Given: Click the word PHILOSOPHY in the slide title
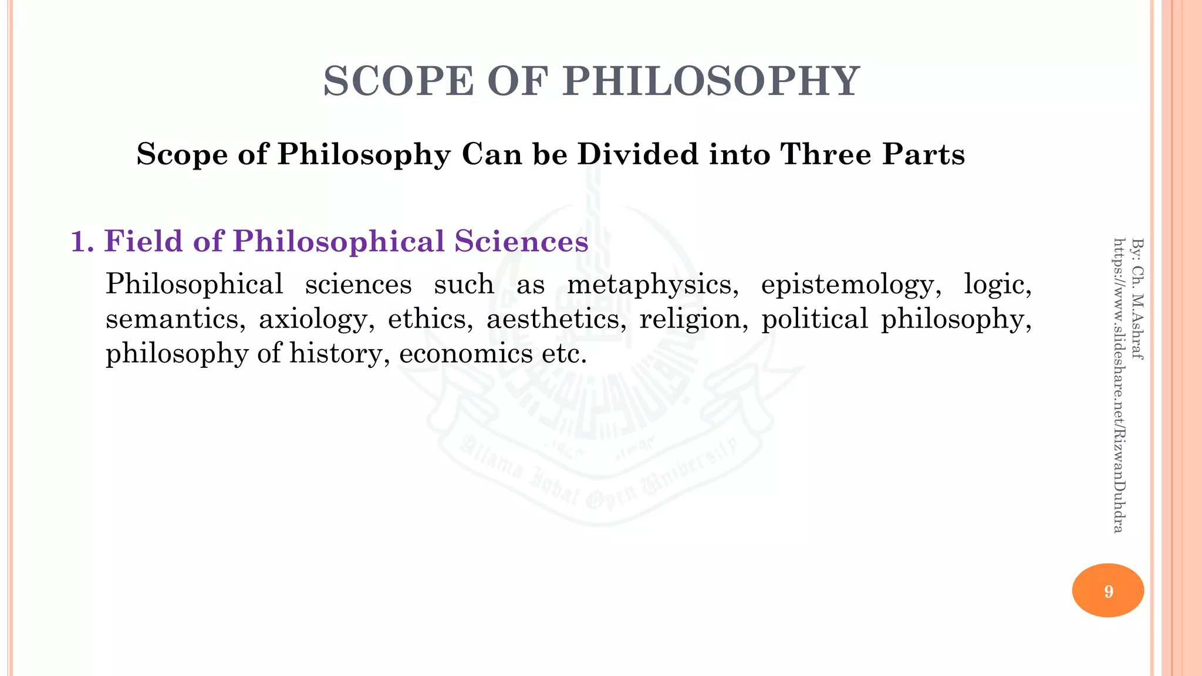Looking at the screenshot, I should click(x=711, y=81).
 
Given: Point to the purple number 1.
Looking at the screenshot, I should click(x=82, y=241).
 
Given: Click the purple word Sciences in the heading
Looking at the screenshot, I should click(x=521, y=241).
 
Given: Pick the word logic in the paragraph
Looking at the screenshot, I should click(x=997, y=285).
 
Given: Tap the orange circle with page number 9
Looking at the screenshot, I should click(x=1108, y=590).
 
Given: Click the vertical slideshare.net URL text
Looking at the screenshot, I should click(x=1119, y=385).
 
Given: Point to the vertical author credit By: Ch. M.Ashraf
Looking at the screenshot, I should click(x=1137, y=298).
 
